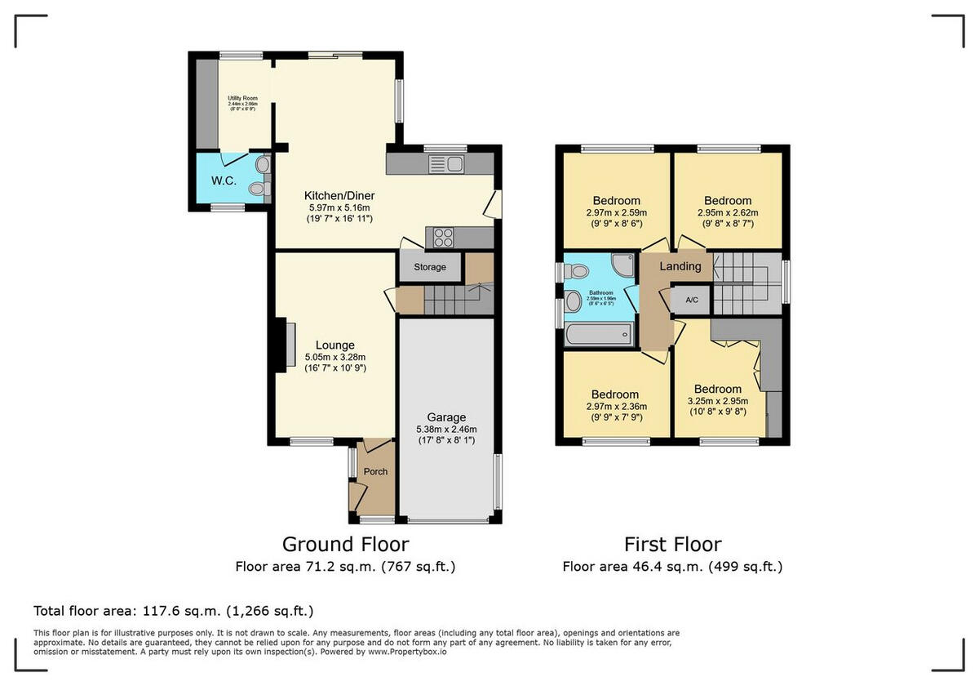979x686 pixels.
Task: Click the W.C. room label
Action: tap(224, 180)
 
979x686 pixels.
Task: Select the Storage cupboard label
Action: tap(430, 267)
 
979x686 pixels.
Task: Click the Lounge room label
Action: tap(335, 345)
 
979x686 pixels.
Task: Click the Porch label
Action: tap(375, 472)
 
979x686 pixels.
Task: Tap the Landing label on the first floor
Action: tap(680, 266)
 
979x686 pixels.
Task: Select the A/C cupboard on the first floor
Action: tap(691, 301)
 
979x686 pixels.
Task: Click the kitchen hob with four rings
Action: tap(444, 238)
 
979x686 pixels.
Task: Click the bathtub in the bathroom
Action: tap(599, 333)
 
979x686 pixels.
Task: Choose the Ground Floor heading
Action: tap(345, 544)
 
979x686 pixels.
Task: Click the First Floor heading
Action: tap(672, 544)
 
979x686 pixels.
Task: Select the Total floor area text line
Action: tap(173, 611)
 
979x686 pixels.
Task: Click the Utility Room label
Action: tap(243, 99)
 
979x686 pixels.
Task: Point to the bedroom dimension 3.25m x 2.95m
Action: tap(718, 401)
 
